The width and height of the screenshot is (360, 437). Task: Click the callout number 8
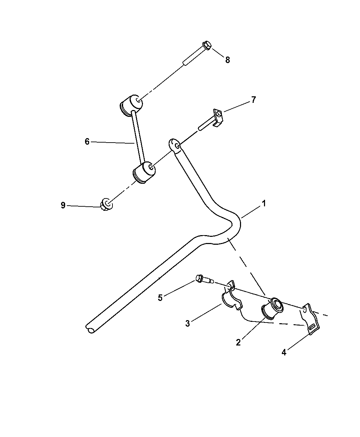(227, 60)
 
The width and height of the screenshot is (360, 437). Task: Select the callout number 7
(253, 100)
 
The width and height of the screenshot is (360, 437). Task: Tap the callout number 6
(87, 142)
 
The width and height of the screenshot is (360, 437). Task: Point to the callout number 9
(63, 205)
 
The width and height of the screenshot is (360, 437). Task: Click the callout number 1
(264, 204)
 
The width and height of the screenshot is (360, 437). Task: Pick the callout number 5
(160, 298)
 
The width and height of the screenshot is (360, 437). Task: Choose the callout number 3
(188, 324)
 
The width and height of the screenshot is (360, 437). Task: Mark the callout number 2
(238, 342)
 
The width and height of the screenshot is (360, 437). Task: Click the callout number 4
(284, 353)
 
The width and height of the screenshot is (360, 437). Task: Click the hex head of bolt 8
(207, 46)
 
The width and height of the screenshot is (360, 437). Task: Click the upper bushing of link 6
(132, 105)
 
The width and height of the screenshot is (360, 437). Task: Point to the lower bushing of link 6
(144, 172)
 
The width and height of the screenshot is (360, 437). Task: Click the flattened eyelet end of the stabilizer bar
(175, 145)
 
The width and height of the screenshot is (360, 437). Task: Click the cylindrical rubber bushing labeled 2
(272, 308)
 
